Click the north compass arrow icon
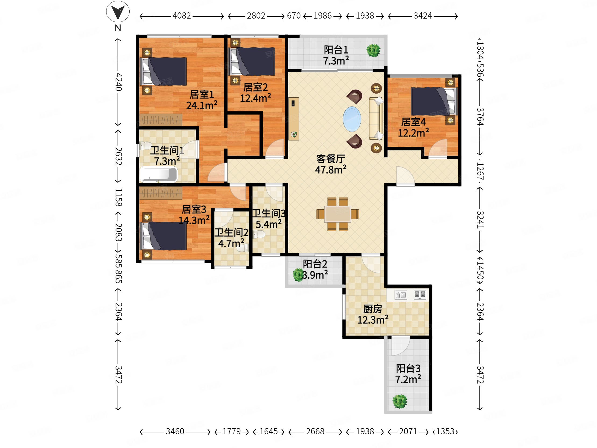tap(118, 12)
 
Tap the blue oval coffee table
tap(352, 119)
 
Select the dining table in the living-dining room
tap(338, 214)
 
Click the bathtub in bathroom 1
tap(158, 174)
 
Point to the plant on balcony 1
tap(373, 50)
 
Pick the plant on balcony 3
tap(400, 401)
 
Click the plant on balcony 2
tap(298, 275)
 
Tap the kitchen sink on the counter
tap(401, 295)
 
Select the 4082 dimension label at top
tap(182, 16)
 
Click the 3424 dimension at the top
tap(423, 16)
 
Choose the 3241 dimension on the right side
tap(480, 219)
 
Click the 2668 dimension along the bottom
tap(315, 431)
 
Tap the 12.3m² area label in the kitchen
tap(373, 320)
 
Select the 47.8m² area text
tap(331, 170)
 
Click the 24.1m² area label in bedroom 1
tap(202, 105)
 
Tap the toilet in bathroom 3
tap(259, 234)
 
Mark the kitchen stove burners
tap(420, 295)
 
